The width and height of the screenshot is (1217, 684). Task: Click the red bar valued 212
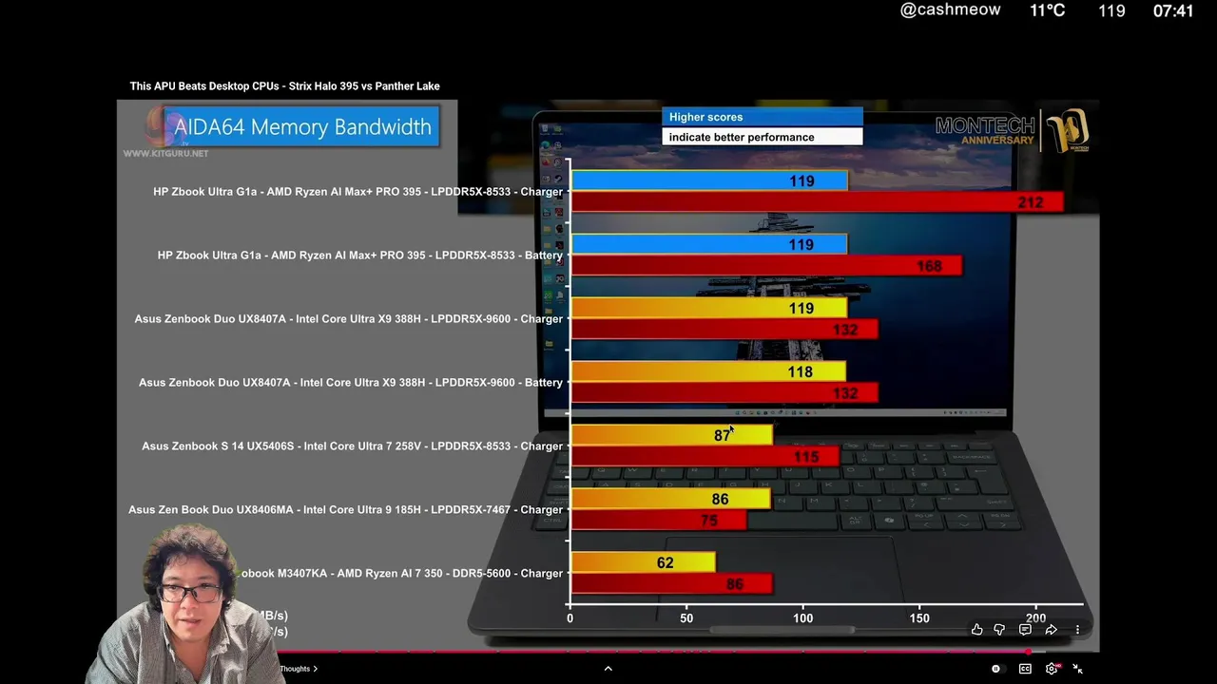point(818,202)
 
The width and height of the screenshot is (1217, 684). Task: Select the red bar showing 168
point(766,266)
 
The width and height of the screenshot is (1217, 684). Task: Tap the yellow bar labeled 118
point(708,371)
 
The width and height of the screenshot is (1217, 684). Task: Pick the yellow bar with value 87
point(671,435)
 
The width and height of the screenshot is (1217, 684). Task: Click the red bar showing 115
point(705,457)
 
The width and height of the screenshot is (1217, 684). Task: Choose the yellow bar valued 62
point(643,562)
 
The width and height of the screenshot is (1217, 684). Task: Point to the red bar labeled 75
point(659,521)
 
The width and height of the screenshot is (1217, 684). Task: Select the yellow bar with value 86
point(670,499)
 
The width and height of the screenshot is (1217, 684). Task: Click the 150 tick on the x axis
point(919,618)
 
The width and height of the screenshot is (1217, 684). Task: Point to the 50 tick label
point(686,618)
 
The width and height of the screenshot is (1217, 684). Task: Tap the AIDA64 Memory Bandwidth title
point(302,127)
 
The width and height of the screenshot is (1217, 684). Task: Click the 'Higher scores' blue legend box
point(762,117)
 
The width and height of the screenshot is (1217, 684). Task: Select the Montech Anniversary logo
point(1013,131)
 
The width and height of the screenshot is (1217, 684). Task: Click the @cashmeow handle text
point(950,10)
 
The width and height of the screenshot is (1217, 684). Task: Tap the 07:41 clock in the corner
point(1172,11)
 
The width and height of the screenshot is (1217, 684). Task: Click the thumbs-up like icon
point(976,630)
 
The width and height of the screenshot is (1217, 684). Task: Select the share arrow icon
point(1051,630)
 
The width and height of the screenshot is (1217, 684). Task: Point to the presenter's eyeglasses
point(190,594)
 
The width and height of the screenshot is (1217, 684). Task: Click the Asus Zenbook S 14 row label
point(352,446)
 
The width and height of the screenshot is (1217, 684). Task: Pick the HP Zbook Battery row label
point(359,256)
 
